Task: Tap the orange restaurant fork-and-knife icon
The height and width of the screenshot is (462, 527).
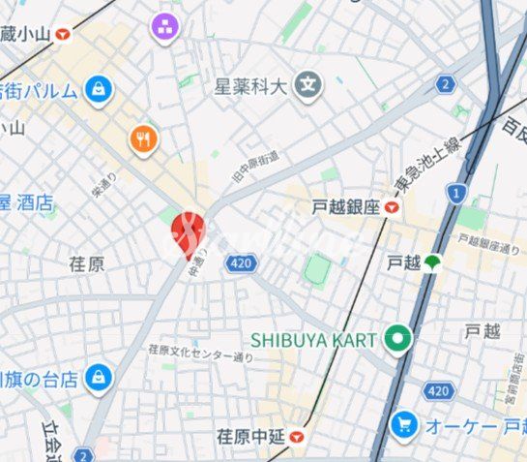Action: (x=144, y=139)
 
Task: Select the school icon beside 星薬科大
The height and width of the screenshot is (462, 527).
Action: (x=309, y=85)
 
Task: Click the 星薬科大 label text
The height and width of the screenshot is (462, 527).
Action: (x=251, y=86)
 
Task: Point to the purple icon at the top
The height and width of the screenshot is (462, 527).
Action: (x=164, y=27)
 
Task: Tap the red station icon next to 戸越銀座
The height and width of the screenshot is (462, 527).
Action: (x=391, y=206)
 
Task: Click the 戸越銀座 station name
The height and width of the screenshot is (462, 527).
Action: (x=345, y=206)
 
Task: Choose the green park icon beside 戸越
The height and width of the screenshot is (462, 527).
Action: (x=431, y=262)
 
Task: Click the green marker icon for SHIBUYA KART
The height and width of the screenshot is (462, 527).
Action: (x=396, y=339)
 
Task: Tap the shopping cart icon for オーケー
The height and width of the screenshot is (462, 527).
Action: (x=404, y=424)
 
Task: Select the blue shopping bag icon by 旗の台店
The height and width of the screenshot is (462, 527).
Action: (x=97, y=379)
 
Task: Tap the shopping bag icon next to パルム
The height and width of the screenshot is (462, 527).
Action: (x=98, y=91)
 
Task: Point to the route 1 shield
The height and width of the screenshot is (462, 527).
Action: (x=453, y=194)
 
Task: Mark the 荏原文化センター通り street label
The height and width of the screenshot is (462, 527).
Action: (x=200, y=353)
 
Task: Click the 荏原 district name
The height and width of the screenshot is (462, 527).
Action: (x=87, y=263)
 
